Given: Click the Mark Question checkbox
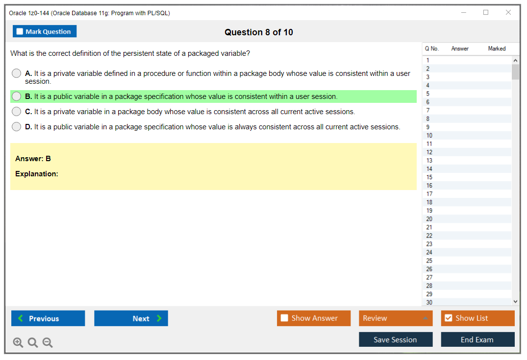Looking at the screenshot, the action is click(x=20, y=31).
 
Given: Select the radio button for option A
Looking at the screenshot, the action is click(x=16, y=73).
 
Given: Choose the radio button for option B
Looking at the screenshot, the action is click(x=16, y=96).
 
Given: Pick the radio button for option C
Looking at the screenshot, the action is click(x=16, y=111).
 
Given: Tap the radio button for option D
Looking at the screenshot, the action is click(x=16, y=126).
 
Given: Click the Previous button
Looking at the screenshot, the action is click(x=48, y=318).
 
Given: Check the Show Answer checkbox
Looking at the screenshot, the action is click(x=284, y=318).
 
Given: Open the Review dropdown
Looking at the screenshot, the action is click(x=396, y=318).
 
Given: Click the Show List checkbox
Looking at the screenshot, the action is click(x=449, y=318).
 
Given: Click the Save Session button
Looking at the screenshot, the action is click(x=396, y=339).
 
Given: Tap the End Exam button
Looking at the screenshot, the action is click(x=477, y=339).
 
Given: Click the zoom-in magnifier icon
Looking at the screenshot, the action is click(x=18, y=342).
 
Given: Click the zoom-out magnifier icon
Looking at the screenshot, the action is click(x=48, y=342).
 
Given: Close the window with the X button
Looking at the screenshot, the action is click(x=508, y=12).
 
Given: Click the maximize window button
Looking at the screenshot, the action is click(x=486, y=12).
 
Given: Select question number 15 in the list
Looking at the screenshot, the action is click(x=429, y=177).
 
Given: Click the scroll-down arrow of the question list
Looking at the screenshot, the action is click(x=516, y=302).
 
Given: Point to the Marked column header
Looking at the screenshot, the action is click(x=497, y=48).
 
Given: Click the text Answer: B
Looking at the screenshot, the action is click(x=33, y=159).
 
